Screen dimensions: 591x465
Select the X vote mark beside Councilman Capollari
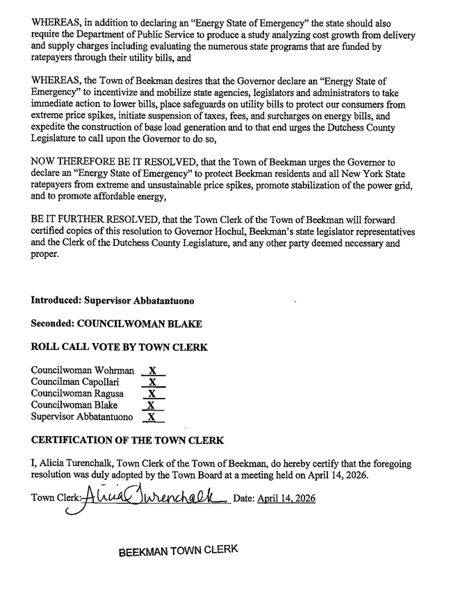coord(153,382)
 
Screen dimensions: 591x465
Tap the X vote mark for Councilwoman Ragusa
coord(153,394)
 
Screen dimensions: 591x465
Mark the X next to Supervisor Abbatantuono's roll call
coord(153,417)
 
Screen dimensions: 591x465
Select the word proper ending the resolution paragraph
coord(46,254)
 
